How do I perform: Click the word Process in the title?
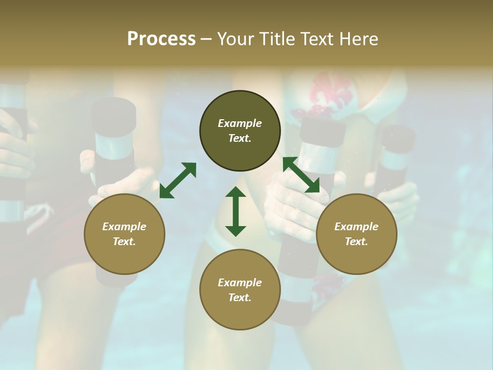(161, 39)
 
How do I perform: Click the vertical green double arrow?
(236, 211)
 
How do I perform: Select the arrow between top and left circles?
(178, 180)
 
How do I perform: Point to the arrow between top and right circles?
(301, 175)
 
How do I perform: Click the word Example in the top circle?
(240, 123)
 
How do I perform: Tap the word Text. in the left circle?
(124, 242)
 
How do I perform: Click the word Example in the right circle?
(356, 227)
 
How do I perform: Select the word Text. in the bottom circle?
(240, 298)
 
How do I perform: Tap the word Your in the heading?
(233, 39)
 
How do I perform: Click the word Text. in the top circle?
(240, 138)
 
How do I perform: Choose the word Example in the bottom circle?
(240, 283)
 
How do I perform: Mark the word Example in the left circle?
(124, 227)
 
